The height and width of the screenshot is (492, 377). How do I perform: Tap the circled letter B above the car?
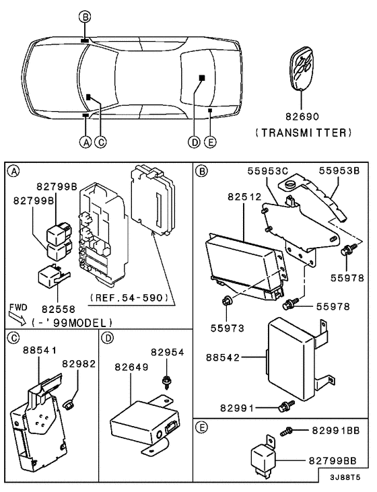[84, 16]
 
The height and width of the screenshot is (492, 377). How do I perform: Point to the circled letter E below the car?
[211, 142]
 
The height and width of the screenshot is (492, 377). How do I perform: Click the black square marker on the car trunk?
[201, 79]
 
